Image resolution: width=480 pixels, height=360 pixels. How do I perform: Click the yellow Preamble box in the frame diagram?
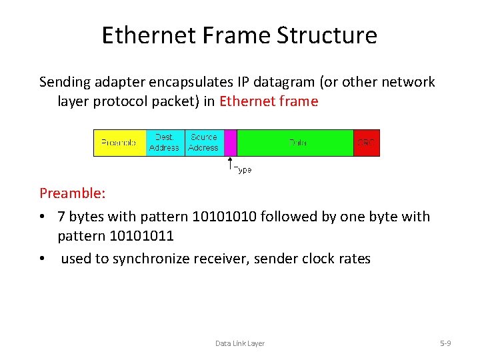(119, 143)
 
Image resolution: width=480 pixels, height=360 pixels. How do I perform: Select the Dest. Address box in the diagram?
(164, 143)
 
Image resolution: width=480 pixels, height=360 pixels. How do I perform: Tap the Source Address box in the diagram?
(203, 143)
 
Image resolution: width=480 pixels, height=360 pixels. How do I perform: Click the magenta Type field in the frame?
(231, 143)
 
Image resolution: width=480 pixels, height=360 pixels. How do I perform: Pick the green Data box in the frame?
(295, 143)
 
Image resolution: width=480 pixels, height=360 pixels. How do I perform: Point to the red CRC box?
(366, 143)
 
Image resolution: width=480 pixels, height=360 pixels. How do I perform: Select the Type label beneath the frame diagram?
(243, 170)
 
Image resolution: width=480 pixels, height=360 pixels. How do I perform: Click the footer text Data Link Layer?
(239, 343)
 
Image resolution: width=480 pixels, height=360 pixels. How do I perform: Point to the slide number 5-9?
(445, 343)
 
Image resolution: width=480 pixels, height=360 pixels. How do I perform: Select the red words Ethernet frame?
(269, 102)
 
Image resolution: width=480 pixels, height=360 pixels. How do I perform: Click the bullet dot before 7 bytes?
(43, 217)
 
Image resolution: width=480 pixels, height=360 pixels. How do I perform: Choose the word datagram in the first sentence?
(288, 82)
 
